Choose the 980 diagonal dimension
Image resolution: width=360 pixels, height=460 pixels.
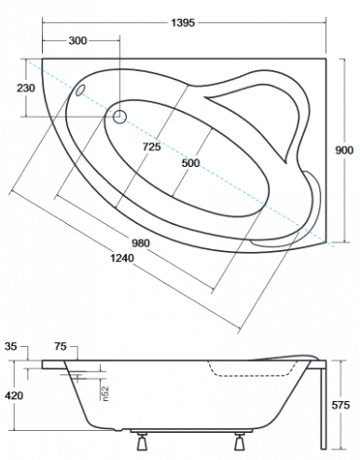click(x=141, y=244)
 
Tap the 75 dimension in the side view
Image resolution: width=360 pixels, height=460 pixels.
click(x=61, y=346)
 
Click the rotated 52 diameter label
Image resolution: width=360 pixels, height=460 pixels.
click(x=107, y=395)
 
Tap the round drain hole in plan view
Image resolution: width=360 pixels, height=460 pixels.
click(x=120, y=117)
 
